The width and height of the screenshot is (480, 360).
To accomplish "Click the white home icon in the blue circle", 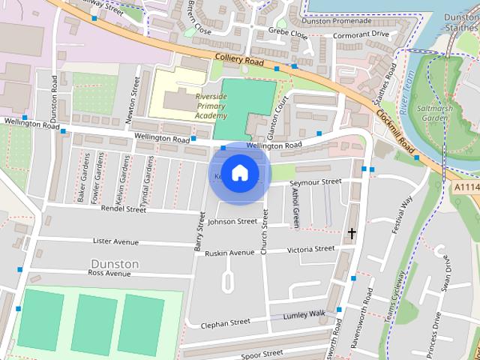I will click(x=239, y=173).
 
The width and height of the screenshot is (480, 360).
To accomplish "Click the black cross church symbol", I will click(x=351, y=234).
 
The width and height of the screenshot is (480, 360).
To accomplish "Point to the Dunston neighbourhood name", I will click(x=114, y=264).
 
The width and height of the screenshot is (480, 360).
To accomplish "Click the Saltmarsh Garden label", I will click(x=435, y=113).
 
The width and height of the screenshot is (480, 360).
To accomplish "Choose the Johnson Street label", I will click(x=232, y=222).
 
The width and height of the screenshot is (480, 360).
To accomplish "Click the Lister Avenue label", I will click(x=115, y=241).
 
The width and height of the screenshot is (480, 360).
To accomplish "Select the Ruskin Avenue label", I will click(x=229, y=253).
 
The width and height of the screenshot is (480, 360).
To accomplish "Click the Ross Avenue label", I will click(x=109, y=274).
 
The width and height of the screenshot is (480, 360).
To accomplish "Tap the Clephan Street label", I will click(x=225, y=323).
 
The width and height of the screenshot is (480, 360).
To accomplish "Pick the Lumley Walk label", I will click(x=304, y=315).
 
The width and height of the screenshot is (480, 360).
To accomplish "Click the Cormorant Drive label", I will click(x=361, y=34).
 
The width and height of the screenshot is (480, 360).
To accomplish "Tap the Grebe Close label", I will click(x=288, y=34).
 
